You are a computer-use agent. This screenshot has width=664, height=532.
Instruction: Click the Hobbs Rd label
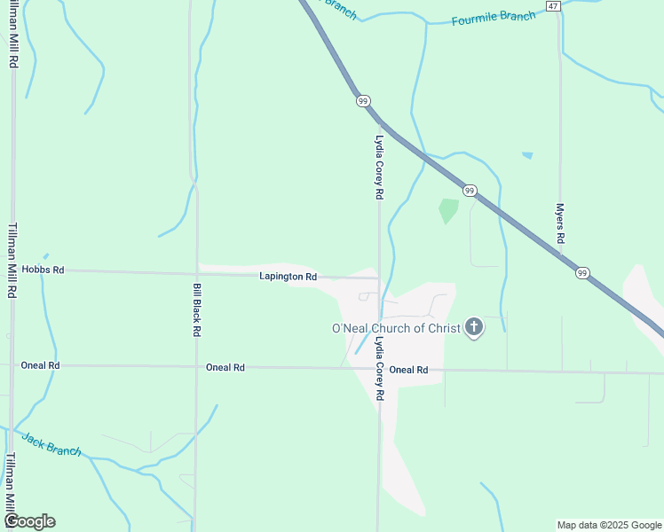click(43, 270)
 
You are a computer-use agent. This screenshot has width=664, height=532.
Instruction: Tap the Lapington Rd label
click(288, 277)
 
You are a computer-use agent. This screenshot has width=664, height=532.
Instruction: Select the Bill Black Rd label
click(196, 309)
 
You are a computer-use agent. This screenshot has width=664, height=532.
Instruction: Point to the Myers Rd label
click(560, 223)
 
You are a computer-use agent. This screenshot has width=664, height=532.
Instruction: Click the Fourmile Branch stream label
click(494, 18)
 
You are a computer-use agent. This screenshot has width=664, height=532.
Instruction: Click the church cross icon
click(474, 328)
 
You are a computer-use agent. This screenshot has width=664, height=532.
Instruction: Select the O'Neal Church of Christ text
click(396, 329)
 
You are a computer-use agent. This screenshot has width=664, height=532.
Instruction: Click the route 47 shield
click(553, 6)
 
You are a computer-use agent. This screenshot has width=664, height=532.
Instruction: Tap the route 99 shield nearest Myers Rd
click(581, 273)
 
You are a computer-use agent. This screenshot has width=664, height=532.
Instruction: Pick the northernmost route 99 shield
click(363, 101)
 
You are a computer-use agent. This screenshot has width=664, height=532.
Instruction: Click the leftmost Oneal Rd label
click(41, 365)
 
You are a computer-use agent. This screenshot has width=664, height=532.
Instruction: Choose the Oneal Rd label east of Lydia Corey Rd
click(408, 370)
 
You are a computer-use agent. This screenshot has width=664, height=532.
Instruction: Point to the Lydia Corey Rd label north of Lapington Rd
click(379, 167)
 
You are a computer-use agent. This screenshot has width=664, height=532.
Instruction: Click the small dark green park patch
click(447, 210)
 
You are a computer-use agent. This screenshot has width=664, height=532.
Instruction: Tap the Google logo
click(29, 521)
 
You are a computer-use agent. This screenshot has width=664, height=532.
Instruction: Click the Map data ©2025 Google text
click(609, 525)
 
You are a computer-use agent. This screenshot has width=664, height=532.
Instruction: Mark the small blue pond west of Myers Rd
click(527, 155)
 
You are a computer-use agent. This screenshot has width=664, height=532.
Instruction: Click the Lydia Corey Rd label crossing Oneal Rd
click(379, 369)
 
